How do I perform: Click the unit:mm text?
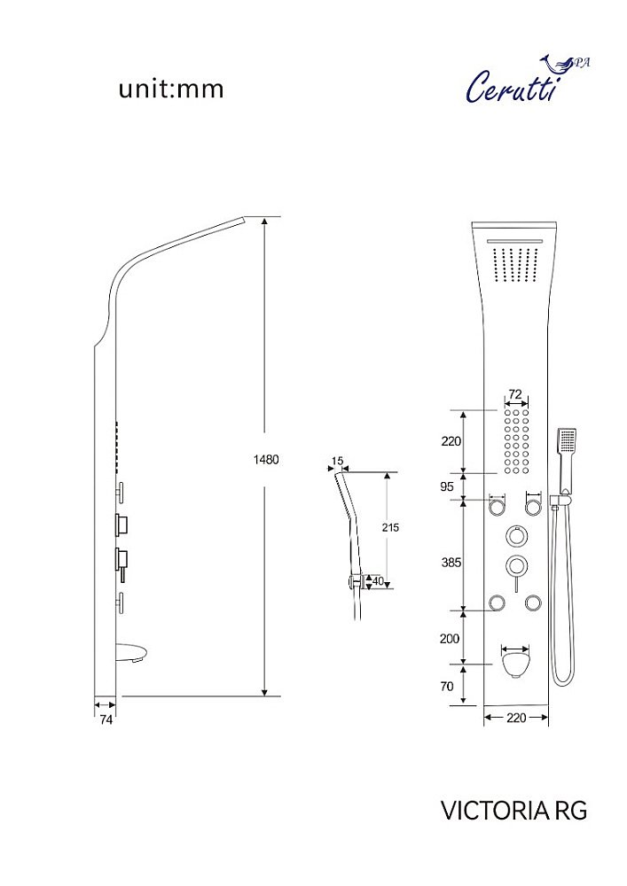point(171,89)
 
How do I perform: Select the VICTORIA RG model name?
point(513,811)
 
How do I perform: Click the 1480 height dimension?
point(266,459)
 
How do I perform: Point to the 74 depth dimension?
point(106,720)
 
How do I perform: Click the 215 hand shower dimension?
point(390,527)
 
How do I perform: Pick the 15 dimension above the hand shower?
point(338,461)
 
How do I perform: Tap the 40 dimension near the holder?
point(378,581)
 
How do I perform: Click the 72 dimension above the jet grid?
point(515,394)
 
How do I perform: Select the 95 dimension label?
point(447,486)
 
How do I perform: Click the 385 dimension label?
point(451,563)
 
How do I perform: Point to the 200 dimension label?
point(450,639)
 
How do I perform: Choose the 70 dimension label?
point(447,686)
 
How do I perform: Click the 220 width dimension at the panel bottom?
point(516,718)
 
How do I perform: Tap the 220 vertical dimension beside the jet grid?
point(451,441)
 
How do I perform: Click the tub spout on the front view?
point(515,664)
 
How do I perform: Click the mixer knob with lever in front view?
point(515,566)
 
